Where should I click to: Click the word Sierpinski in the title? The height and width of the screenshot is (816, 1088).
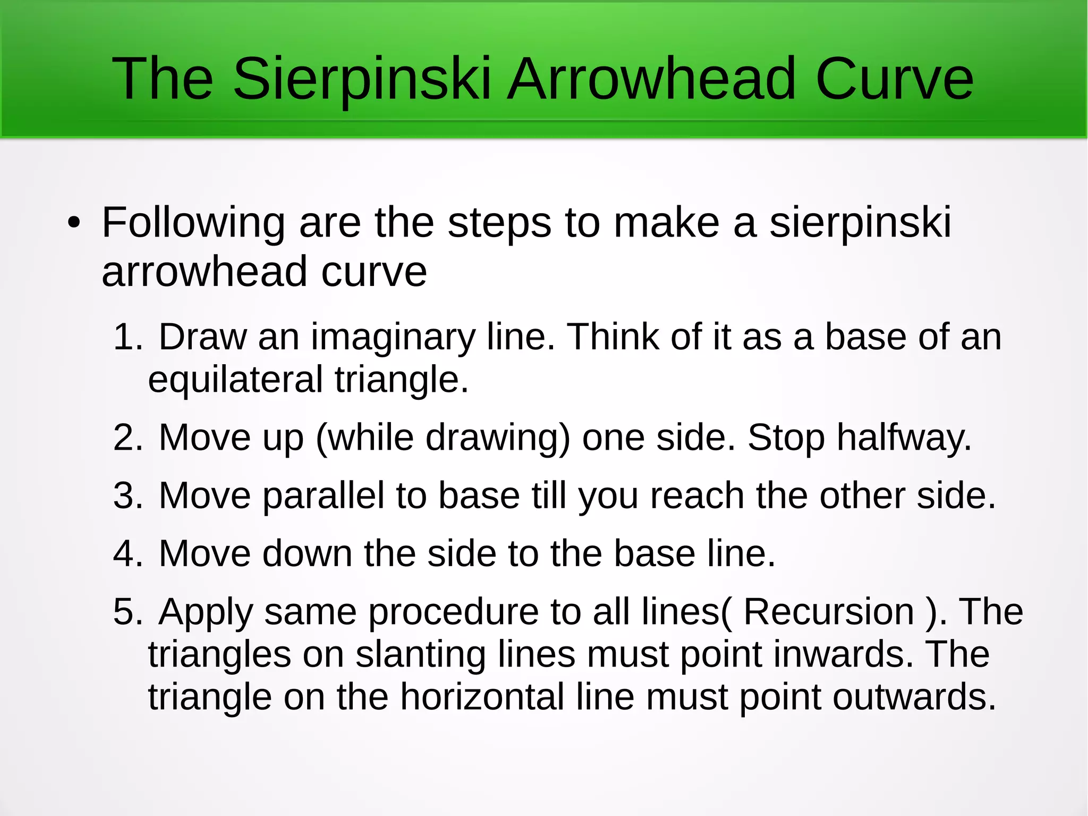pyautogui.click(x=361, y=80)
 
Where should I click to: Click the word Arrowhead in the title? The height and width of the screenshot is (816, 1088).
pyautogui.click(x=651, y=80)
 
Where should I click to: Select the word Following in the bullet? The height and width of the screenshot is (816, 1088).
pyautogui.click(x=193, y=223)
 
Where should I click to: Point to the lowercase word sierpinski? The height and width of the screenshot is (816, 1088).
pyautogui.click(x=860, y=223)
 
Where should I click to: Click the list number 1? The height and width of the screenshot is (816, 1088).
pyautogui.click(x=127, y=337)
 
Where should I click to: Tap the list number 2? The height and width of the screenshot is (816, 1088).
pyautogui.click(x=127, y=438)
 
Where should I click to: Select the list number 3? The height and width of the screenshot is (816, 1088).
pyautogui.click(x=127, y=496)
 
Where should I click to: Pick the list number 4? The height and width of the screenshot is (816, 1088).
pyautogui.click(x=127, y=554)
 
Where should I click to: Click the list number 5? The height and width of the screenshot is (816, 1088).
pyautogui.click(x=127, y=612)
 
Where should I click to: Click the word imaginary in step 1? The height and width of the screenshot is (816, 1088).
pyautogui.click(x=393, y=338)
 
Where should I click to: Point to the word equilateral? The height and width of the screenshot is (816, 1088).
pyautogui.click(x=235, y=381)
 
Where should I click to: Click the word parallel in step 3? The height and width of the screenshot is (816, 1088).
pyautogui.click(x=324, y=496)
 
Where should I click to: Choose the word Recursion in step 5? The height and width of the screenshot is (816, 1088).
pyautogui.click(x=828, y=612)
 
